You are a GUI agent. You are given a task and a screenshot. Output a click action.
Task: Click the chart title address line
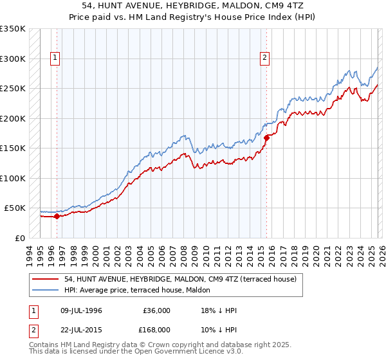(193, 5)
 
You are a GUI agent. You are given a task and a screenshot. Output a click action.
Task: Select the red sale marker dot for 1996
(57, 216)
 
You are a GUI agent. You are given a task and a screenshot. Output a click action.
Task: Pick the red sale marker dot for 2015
(266, 137)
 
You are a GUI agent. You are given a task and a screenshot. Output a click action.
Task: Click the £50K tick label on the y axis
(14, 208)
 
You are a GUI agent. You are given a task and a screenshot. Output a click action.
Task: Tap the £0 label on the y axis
(19, 238)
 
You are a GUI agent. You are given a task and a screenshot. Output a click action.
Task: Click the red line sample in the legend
(46, 279)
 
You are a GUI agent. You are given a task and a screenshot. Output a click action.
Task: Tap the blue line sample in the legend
(46, 290)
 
